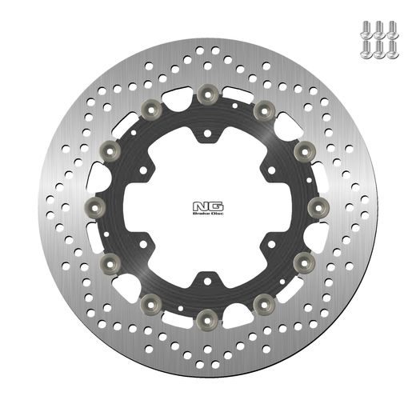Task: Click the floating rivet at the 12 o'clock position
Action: [x=207, y=95]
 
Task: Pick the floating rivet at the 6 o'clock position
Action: [x=206, y=312]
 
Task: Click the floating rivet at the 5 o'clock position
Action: [x=262, y=298]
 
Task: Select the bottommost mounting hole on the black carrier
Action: [x=207, y=282]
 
